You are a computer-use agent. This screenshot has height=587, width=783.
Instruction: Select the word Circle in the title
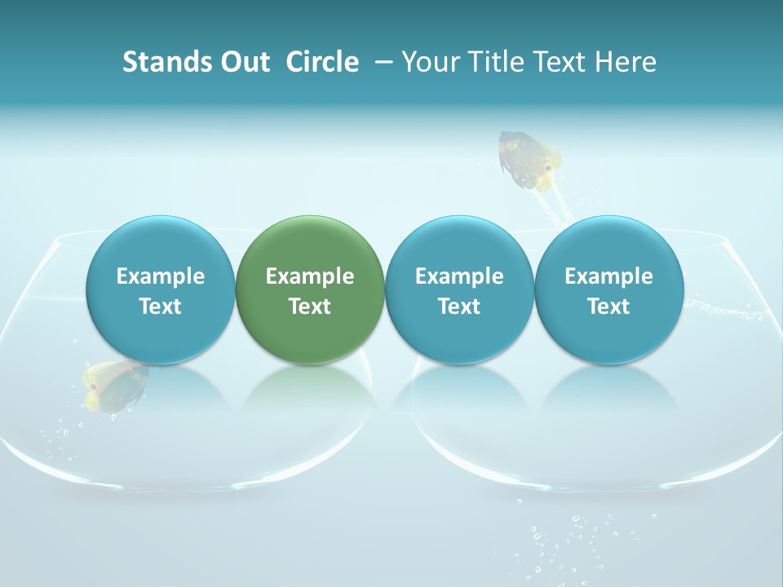tap(322, 62)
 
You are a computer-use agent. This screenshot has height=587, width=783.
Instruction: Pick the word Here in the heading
tap(626, 62)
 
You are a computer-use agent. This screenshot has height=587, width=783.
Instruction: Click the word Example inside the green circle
tap(310, 276)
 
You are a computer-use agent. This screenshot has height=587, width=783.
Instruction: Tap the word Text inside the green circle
tap(310, 307)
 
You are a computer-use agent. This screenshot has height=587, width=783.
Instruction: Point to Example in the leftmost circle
tap(161, 276)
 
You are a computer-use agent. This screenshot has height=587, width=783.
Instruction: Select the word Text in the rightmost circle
tap(609, 307)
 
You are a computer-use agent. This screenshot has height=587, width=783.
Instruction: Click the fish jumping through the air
tap(529, 159)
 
